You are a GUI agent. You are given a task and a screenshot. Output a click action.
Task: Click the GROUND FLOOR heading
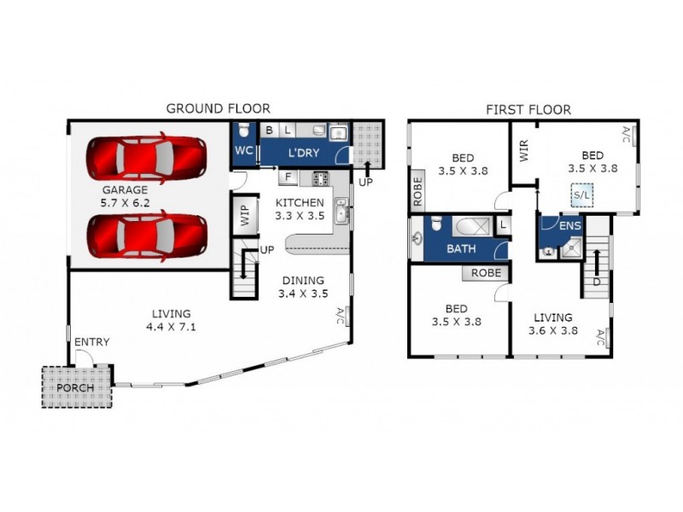click(218, 108)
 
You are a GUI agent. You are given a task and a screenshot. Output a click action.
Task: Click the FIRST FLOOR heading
click(528, 109)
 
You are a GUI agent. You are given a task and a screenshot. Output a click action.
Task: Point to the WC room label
click(244, 151)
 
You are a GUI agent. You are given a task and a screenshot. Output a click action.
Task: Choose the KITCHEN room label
click(299, 202)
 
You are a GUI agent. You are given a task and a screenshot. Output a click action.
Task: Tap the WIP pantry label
click(243, 215)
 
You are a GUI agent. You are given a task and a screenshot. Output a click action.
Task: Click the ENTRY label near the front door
click(91, 342)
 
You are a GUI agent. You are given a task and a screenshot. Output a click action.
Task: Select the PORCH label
click(77, 388)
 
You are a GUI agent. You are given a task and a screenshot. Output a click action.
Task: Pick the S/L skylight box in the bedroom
click(582, 196)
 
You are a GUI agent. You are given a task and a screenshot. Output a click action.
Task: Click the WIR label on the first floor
click(523, 151)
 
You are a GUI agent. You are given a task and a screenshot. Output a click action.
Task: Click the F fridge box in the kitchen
click(289, 178)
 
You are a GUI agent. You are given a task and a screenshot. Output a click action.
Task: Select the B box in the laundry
click(270, 131)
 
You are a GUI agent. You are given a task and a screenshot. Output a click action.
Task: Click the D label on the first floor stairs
click(597, 282)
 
